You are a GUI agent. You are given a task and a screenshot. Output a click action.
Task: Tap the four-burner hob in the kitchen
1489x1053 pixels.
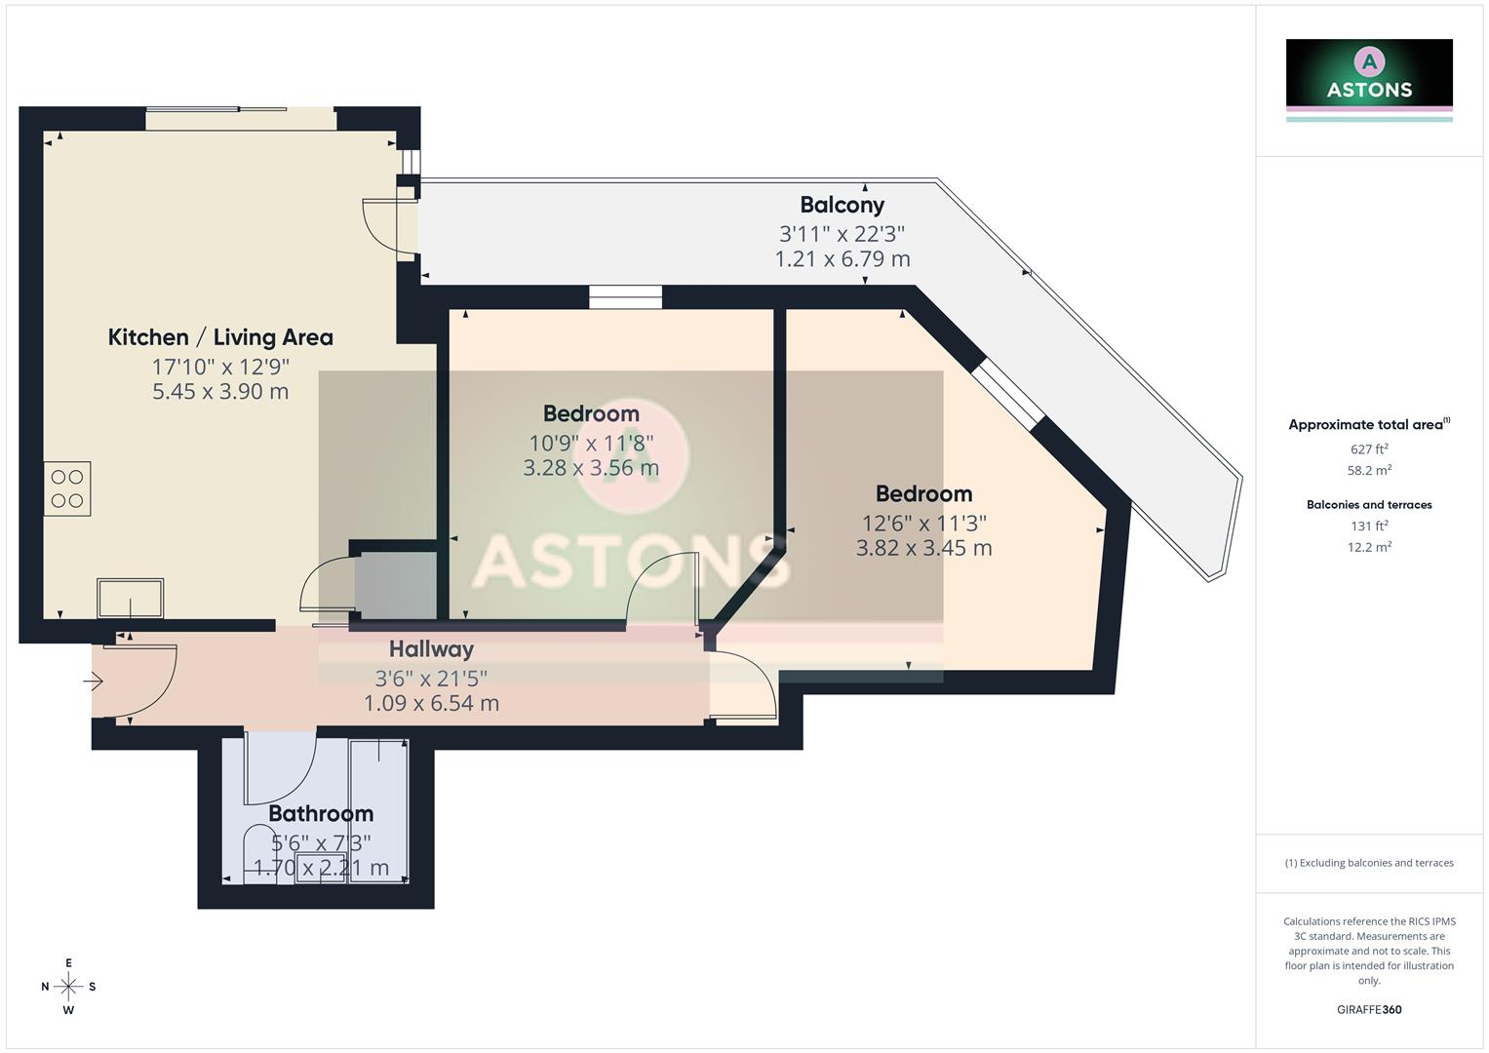(x=67, y=488)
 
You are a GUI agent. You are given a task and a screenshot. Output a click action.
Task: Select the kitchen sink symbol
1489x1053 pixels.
(x=130, y=598)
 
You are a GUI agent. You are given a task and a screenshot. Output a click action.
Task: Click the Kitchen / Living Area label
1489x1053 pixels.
(x=220, y=337)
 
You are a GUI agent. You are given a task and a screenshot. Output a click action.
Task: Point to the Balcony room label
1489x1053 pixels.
(x=842, y=205)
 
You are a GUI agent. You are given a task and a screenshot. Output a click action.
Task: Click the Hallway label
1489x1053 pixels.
(x=431, y=649)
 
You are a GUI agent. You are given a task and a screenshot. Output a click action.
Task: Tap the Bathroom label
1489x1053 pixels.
(x=321, y=813)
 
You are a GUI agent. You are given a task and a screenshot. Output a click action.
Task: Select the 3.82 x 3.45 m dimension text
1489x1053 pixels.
(x=923, y=548)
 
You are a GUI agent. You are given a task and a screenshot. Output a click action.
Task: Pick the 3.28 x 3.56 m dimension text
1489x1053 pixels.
(x=591, y=468)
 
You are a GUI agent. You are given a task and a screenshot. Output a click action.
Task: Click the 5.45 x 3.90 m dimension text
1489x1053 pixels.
(x=220, y=392)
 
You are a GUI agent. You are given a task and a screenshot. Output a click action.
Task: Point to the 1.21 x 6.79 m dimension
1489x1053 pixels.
(x=842, y=259)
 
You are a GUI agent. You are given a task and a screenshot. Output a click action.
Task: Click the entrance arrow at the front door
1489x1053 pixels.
(x=93, y=682)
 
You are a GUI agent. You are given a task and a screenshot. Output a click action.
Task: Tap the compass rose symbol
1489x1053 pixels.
(x=68, y=987)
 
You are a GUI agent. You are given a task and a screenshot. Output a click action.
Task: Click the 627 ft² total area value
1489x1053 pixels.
(x=1369, y=449)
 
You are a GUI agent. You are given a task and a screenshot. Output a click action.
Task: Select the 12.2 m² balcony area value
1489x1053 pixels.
(x=1369, y=547)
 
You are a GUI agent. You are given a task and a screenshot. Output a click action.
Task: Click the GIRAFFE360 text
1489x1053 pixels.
(x=1369, y=1010)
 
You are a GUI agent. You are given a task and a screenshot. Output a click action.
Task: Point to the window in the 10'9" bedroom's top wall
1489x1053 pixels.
(x=625, y=296)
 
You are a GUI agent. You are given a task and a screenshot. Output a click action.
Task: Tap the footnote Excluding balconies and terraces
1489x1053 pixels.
(x=1369, y=863)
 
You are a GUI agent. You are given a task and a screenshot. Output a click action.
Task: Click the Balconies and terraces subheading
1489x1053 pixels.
(x=1369, y=505)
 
